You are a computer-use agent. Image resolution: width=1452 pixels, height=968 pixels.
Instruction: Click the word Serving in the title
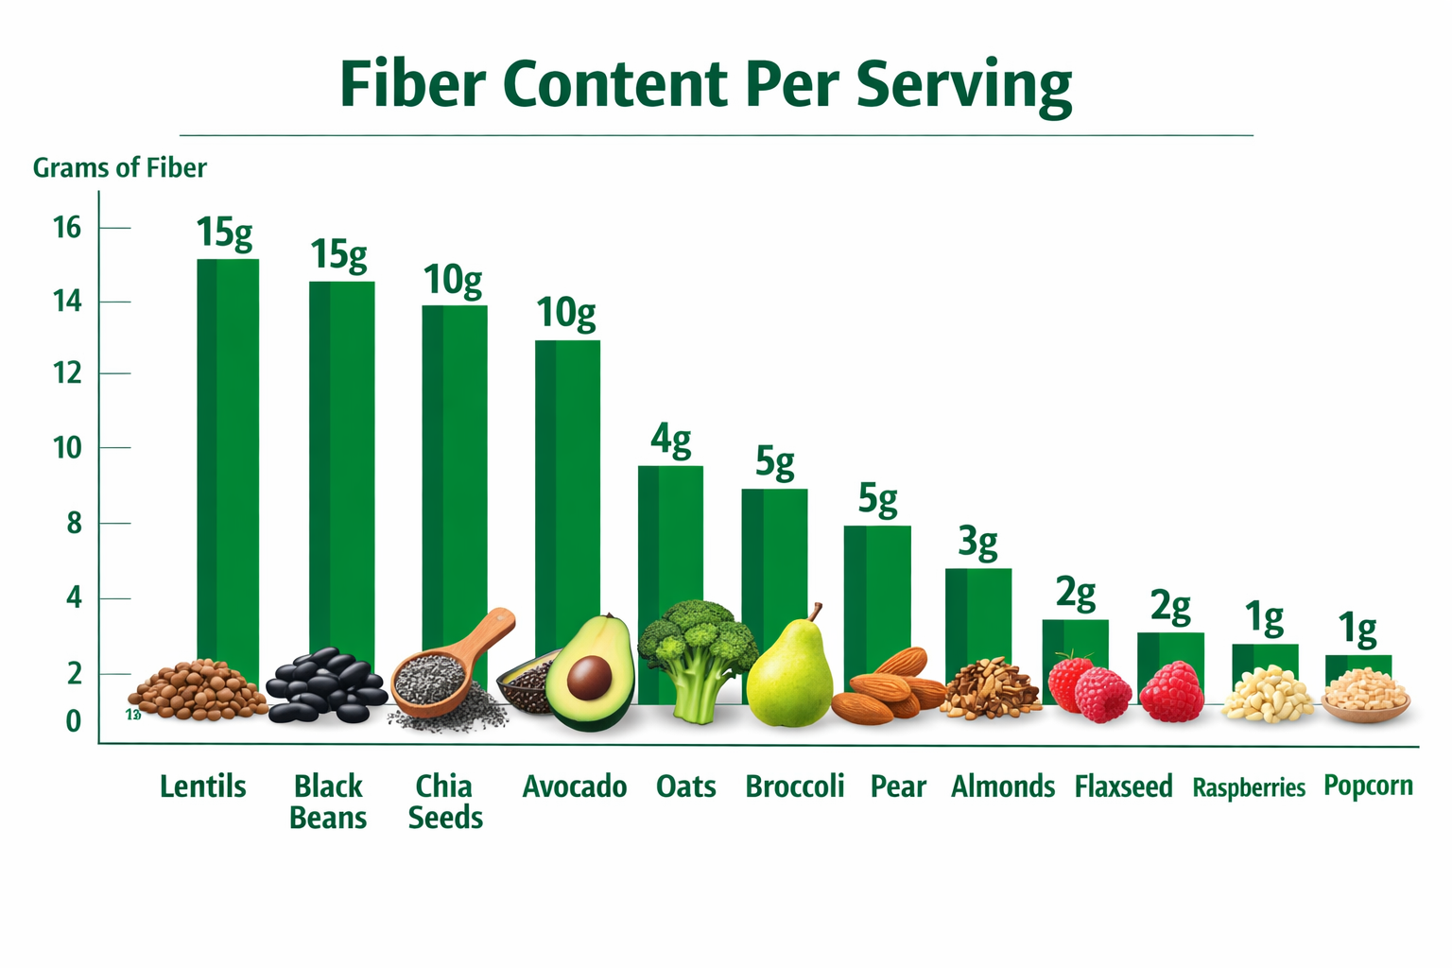tap(964, 85)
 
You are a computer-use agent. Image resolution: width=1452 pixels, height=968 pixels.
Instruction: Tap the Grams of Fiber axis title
tap(119, 168)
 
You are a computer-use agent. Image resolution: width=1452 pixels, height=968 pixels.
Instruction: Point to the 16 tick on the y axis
tap(67, 228)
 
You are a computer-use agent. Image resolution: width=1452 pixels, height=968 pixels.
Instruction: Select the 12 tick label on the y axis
tap(67, 373)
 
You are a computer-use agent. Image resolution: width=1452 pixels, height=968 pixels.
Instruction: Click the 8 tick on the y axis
tap(74, 523)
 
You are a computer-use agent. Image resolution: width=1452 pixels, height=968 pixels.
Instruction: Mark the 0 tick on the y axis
tap(74, 721)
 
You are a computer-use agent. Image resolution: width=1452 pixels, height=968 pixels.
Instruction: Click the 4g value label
tap(670, 440)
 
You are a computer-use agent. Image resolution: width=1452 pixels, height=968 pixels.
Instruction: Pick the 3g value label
tap(977, 543)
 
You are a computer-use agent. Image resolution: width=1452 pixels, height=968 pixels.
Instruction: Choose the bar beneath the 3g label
tap(978, 614)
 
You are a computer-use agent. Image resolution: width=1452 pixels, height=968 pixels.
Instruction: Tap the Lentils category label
tap(202, 786)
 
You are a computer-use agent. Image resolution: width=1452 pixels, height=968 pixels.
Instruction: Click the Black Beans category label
tap(328, 802)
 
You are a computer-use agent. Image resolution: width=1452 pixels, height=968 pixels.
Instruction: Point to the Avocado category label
tap(575, 786)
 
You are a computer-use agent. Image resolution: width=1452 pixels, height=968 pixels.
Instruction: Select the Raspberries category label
tap(1249, 787)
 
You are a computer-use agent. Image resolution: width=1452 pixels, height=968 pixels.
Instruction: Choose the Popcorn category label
tap(1368, 786)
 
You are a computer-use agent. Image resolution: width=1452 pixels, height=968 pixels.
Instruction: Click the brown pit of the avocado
tap(590, 677)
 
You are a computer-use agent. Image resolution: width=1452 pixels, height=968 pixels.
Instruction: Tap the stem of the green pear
tap(814, 613)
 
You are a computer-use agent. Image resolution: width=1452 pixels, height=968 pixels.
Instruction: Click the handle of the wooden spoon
tap(487, 631)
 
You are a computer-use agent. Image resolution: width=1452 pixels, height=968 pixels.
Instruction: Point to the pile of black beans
tap(325, 685)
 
